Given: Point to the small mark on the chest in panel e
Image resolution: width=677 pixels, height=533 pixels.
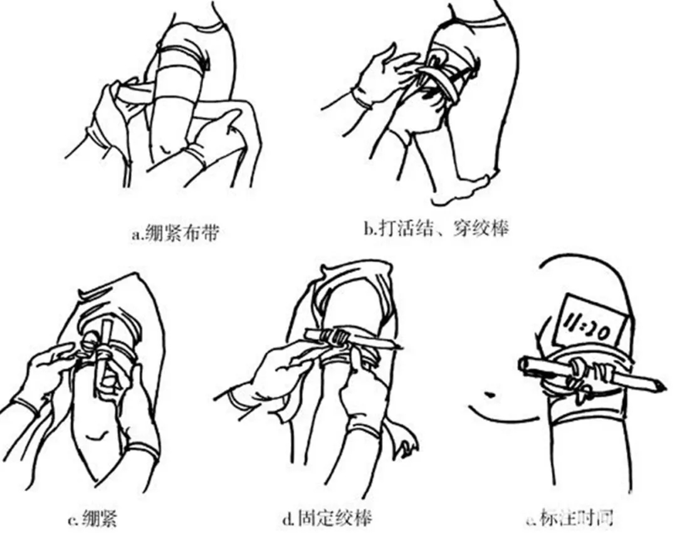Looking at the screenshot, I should (488, 394).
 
